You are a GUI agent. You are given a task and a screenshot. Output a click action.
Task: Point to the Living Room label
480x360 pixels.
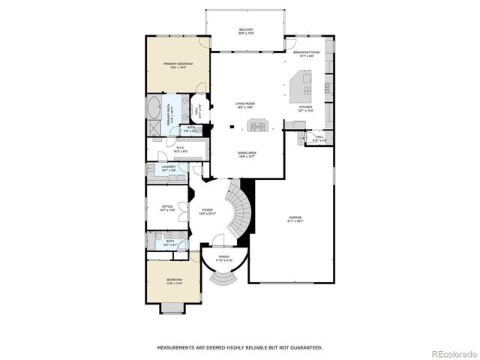click(x=245, y=106)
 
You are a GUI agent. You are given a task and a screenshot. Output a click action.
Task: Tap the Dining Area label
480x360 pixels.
click(x=247, y=154)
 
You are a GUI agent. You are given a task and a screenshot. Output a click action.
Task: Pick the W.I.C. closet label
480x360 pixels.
click(x=180, y=148)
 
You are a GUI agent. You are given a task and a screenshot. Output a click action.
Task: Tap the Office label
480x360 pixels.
click(x=167, y=208)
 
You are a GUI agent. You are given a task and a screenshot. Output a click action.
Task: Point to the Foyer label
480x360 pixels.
click(x=208, y=212)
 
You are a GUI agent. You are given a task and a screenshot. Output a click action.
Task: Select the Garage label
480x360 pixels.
click(x=295, y=219)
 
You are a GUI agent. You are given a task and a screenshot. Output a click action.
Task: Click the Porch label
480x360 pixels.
click(x=223, y=258)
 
